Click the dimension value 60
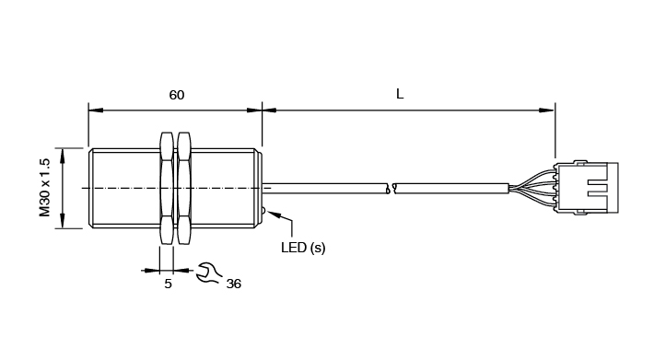(x=177, y=95)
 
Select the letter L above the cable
(x=400, y=94)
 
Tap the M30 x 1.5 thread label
(x=44, y=188)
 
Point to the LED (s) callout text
(x=303, y=248)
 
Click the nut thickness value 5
(x=168, y=284)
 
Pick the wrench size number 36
(x=234, y=284)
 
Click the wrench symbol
(x=208, y=273)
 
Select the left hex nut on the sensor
(x=166, y=189)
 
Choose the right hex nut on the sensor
(x=184, y=189)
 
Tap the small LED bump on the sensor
(x=263, y=212)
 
